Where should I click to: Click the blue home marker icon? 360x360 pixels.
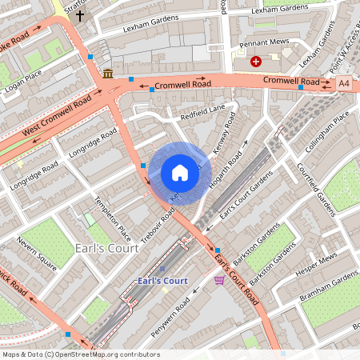coord(180,173)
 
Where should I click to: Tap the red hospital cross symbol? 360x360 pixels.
coord(256,61)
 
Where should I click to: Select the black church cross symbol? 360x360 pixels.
coord(80,14)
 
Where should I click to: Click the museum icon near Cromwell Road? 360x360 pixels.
coord(108,74)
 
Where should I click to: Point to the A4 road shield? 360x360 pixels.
coord(344,82)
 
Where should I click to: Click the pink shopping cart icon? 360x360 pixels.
coord(219,279)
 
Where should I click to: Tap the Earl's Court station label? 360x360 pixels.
coord(162,281)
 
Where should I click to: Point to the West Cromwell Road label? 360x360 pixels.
coord(57,116)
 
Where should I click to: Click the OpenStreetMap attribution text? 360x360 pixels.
coord(80,354)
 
